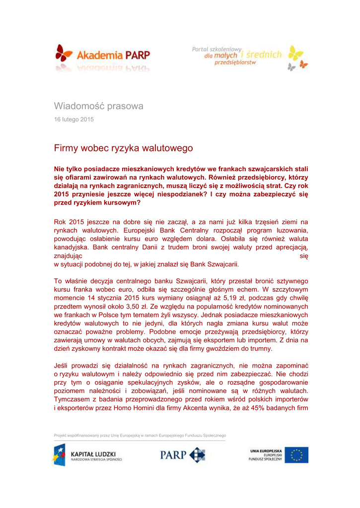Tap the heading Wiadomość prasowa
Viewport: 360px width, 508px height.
click(x=98, y=106)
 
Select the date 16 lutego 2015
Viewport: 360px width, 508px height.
click(x=73, y=120)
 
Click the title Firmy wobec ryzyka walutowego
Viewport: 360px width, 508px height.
click(x=123, y=148)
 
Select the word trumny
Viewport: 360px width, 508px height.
click(x=258, y=349)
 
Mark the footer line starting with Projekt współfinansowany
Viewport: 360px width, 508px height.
click(x=140, y=436)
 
